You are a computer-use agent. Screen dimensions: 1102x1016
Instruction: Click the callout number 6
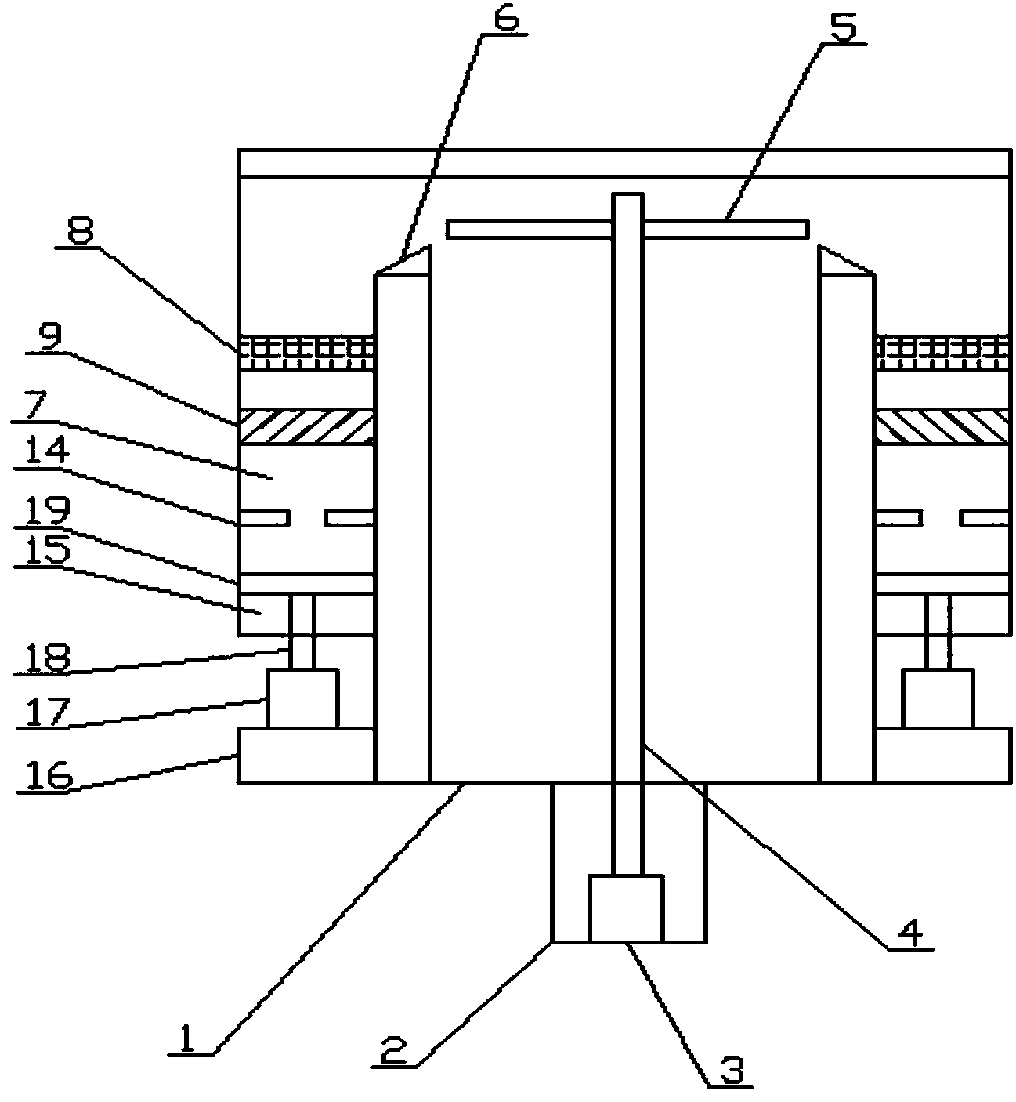pos(506,18)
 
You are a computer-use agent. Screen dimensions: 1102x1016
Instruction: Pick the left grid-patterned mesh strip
pos(306,353)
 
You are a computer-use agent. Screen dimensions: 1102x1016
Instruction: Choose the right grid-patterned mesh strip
pos(942,353)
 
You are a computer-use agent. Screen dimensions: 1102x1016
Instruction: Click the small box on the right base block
pos(938,698)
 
